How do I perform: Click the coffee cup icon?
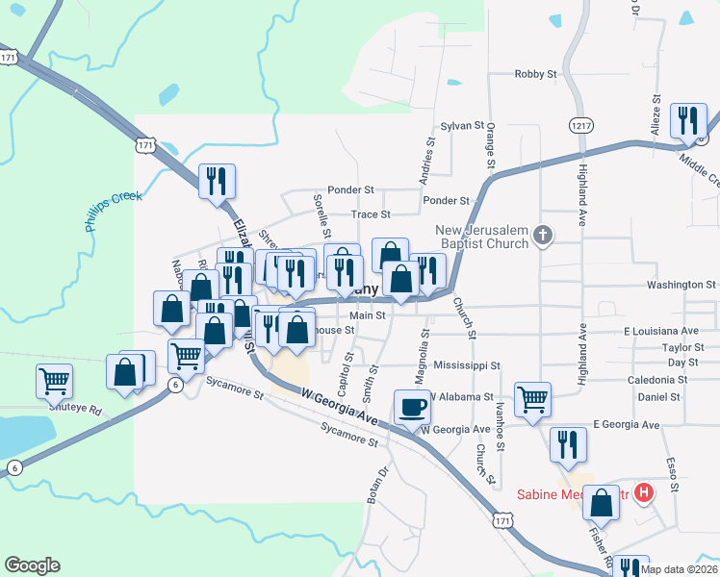pyautogui.click(x=413, y=406)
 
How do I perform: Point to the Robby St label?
pyautogui.click(x=536, y=73)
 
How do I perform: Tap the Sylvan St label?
pyautogui.click(x=461, y=125)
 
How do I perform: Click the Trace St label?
pyautogui.click(x=371, y=214)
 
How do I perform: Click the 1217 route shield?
pyautogui.click(x=580, y=125)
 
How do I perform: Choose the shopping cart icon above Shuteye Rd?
pyautogui.click(x=54, y=380)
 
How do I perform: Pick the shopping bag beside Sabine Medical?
pyautogui.click(x=603, y=502)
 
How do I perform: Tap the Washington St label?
pyautogui.click(x=681, y=285)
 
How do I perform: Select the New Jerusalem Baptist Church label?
pyautogui.click(x=482, y=237)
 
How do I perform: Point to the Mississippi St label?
pyautogui.click(x=467, y=365)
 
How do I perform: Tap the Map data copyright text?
pyautogui.click(x=679, y=569)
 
